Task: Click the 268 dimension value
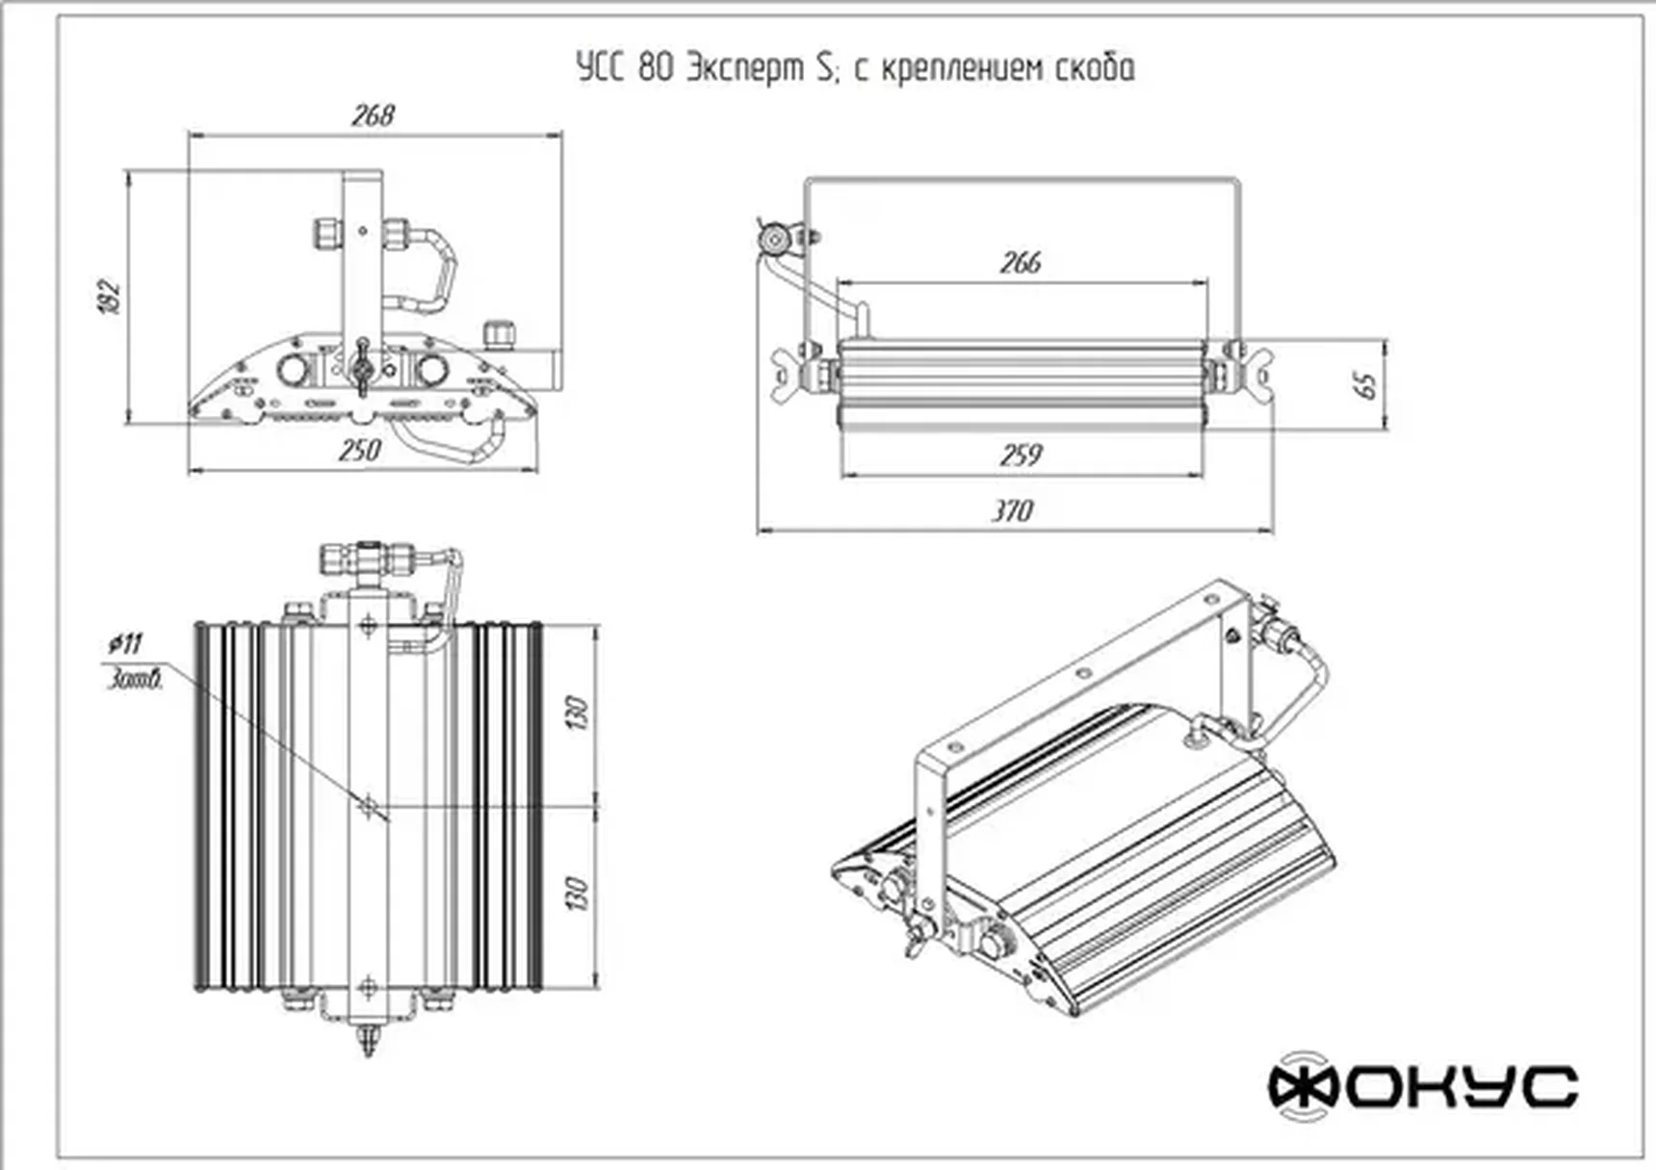[373, 116]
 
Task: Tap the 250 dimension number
[360, 450]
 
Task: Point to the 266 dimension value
[1021, 262]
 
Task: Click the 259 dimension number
[1021, 454]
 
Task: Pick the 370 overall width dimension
[1013, 510]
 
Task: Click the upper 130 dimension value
[577, 712]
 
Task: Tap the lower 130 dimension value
[577, 894]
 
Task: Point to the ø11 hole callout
[126, 643]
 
